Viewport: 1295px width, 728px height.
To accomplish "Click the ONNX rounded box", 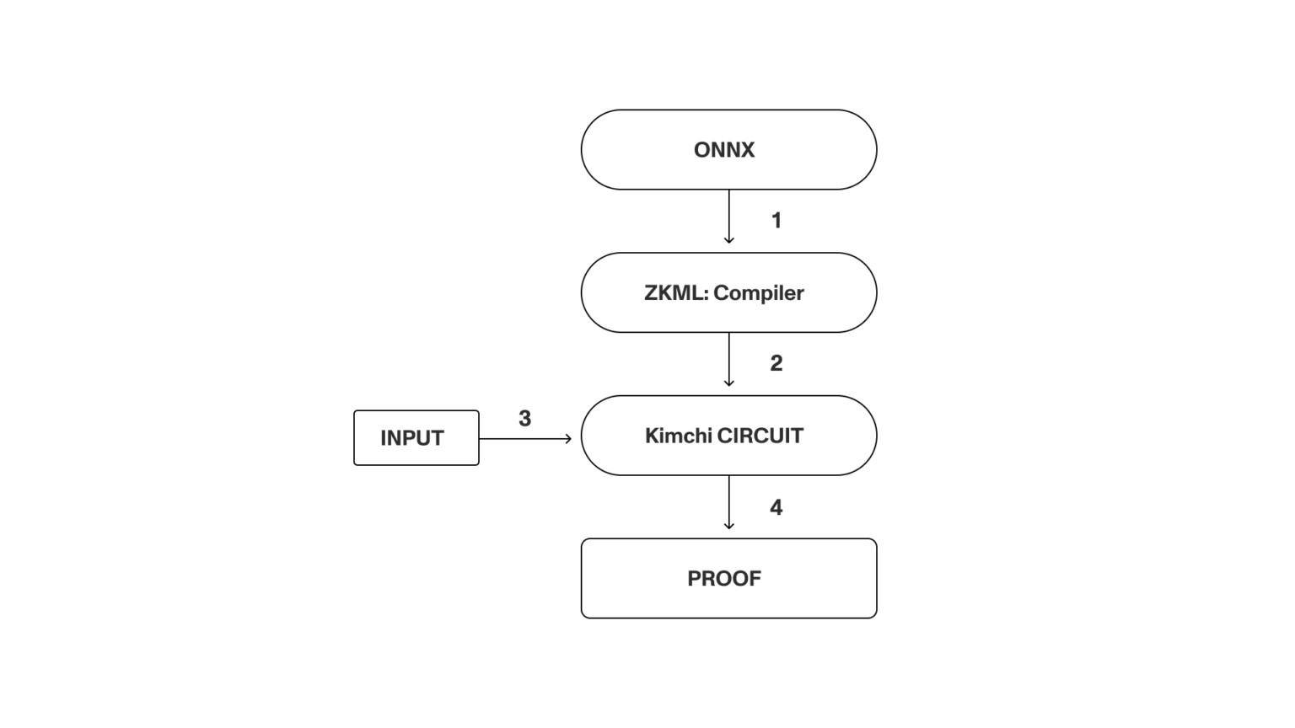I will [x=728, y=149].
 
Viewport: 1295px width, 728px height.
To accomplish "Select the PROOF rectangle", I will [x=728, y=578].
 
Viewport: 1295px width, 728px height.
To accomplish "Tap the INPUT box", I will [x=416, y=437].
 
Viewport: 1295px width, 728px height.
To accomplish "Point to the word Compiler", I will [x=759, y=293].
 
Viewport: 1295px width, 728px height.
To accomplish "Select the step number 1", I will [x=776, y=221].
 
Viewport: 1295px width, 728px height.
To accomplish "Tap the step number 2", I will [x=776, y=363].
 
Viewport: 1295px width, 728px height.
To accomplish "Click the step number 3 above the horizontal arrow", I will [x=524, y=419].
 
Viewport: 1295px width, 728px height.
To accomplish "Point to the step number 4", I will [x=776, y=507].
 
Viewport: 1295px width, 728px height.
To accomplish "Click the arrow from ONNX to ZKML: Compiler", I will [x=729, y=215].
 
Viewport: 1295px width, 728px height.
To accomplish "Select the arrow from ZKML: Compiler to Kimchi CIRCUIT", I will [x=729, y=358].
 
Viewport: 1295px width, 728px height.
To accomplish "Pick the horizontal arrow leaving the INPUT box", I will [x=523, y=438].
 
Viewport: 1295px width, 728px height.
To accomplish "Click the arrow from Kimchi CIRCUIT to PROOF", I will [x=729, y=501].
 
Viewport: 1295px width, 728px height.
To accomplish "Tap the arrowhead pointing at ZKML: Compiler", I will [x=729, y=241].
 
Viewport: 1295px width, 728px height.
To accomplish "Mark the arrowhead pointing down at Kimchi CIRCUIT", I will [x=729, y=383].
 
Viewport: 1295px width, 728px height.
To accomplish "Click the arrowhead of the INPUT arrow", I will [x=569, y=438].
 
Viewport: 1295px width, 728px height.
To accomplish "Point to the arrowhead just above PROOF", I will [x=729, y=527].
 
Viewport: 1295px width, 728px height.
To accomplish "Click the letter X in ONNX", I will [x=746, y=150].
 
